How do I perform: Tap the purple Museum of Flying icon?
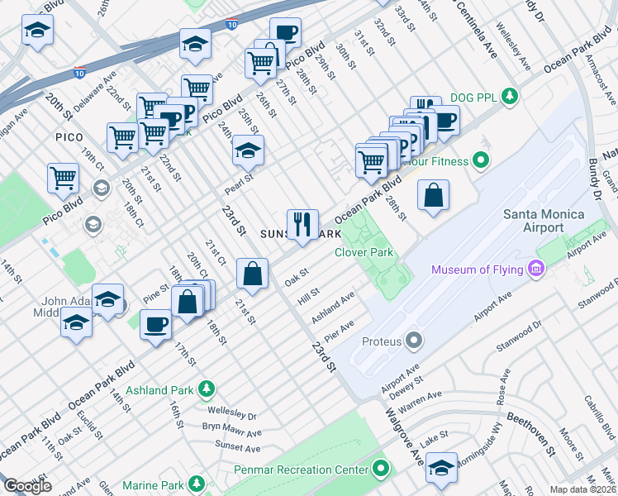[536, 269]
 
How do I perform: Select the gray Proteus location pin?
[414, 341]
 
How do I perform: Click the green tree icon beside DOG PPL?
[510, 97]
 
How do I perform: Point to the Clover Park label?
[364, 253]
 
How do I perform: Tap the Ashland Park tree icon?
[206, 388]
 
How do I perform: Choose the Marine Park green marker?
[197, 484]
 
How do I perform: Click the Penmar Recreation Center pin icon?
[380, 470]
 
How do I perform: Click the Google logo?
[27, 486]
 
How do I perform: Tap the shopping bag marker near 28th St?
[433, 196]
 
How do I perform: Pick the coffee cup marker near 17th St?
[156, 323]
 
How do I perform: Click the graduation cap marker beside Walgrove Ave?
[442, 468]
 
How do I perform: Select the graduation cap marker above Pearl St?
[247, 150]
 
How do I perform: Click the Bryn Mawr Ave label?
[231, 430]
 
